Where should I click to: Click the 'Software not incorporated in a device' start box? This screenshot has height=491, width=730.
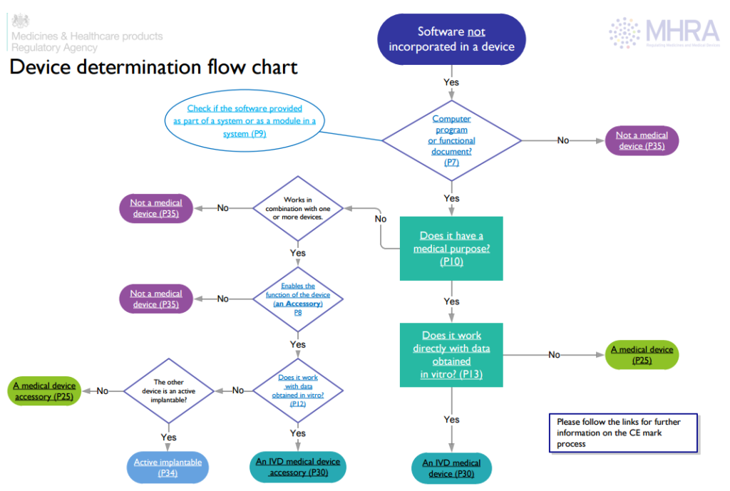click(451, 39)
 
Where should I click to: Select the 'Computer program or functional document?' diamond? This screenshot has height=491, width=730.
click(451, 140)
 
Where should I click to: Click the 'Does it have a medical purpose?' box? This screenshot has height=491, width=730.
click(451, 249)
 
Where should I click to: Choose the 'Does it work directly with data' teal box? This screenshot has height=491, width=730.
click(451, 354)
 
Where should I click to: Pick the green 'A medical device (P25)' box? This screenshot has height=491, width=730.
click(642, 354)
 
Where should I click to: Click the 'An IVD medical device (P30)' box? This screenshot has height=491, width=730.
click(451, 468)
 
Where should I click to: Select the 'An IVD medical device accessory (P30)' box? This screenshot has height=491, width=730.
click(298, 467)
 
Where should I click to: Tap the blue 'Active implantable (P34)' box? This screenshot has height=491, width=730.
click(168, 467)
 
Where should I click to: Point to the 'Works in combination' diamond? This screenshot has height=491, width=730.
click(298, 207)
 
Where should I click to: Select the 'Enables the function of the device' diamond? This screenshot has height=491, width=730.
click(298, 299)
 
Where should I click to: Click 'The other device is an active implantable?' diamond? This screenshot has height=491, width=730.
click(169, 391)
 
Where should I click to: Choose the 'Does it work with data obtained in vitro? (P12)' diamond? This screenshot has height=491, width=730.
click(298, 391)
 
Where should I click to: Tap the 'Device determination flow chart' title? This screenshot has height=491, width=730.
click(153, 68)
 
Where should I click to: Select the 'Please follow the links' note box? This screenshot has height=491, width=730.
click(622, 433)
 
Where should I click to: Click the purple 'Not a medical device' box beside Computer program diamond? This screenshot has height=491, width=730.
click(642, 140)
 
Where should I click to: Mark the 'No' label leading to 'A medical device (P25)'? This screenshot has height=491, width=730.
click(554, 354)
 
